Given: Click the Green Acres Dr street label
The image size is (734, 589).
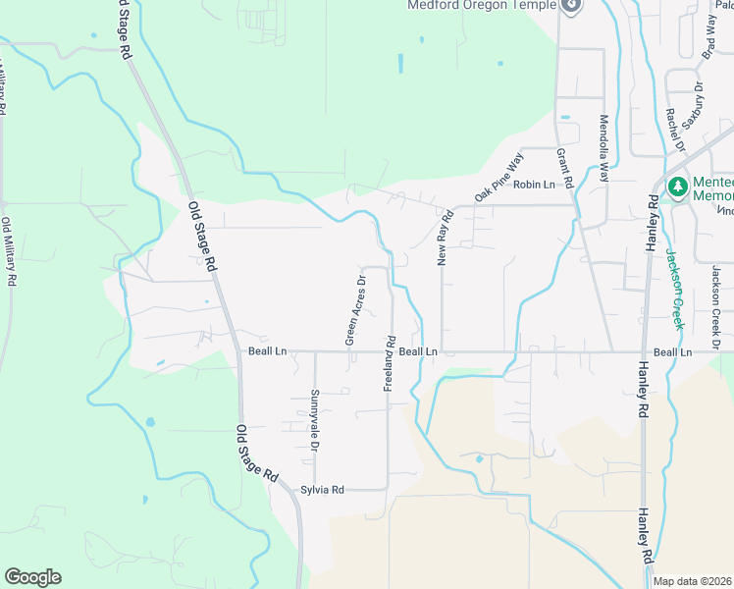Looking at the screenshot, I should (x=354, y=309).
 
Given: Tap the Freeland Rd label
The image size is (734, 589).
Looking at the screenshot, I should (x=389, y=365).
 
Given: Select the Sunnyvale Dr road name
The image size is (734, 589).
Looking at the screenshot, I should (x=315, y=420).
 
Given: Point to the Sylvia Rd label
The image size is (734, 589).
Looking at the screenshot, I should (x=323, y=490).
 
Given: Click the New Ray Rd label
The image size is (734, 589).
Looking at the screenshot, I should (x=444, y=239).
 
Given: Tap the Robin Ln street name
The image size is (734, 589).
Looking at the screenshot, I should (x=534, y=185).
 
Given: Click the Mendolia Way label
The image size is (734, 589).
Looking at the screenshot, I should (x=604, y=150).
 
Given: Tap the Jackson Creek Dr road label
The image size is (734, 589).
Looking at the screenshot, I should (x=716, y=307).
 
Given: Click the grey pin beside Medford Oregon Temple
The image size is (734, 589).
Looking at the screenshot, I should (x=572, y=6).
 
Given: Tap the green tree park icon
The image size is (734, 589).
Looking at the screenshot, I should (x=676, y=187).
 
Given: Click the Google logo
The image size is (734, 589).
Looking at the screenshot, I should (x=32, y=577).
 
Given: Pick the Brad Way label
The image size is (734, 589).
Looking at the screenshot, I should (x=709, y=43).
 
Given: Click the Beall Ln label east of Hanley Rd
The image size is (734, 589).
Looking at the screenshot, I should (x=672, y=351).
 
